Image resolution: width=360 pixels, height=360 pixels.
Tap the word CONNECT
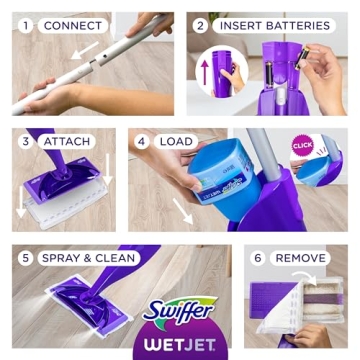pyautogui.click(x=72, y=25)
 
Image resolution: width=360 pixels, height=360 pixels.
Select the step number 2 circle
pyautogui.click(x=201, y=25)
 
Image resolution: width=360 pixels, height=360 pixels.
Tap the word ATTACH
pyautogui.click(x=66, y=141)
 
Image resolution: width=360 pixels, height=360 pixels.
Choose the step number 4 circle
pyautogui.click(x=142, y=141)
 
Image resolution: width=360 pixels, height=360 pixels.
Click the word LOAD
pyautogui.click(x=176, y=141)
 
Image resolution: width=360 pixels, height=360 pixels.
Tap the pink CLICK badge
pyautogui.click(x=303, y=144)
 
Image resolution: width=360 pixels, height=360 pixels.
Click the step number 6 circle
pyautogui.click(x=257, y=258)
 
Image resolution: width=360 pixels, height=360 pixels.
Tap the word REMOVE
pyautogui.click(x=300, y=258)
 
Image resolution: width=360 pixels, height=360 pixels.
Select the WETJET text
pyautogui.click(x=180, y=340)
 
